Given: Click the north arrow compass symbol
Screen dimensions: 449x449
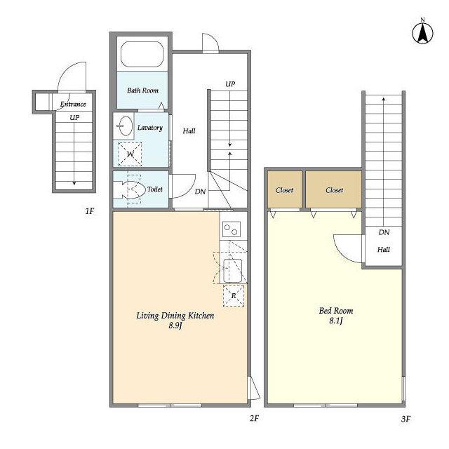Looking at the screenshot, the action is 422,32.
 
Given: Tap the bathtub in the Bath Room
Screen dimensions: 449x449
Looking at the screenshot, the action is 142,54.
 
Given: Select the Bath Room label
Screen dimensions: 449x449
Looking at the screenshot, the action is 142,91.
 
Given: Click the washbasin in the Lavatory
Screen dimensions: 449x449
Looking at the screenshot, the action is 125,126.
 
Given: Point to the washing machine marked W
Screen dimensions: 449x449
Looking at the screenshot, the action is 130,154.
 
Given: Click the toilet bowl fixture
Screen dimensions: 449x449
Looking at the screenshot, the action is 129,189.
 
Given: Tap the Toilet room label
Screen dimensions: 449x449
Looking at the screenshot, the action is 154,189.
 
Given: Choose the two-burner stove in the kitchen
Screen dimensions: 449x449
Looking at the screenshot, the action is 232,229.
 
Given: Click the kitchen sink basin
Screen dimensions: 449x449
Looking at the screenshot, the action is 232,271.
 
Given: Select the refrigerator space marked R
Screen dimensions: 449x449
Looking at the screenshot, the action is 234,295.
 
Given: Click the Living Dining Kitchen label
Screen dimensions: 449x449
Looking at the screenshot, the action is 175,316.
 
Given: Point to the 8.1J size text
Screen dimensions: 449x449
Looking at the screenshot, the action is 335,321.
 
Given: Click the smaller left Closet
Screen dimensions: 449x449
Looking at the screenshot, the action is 285,189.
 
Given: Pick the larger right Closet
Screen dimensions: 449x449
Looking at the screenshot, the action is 334,189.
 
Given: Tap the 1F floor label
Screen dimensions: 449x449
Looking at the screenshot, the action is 90,211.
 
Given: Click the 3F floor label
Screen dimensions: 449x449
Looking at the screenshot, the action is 406,420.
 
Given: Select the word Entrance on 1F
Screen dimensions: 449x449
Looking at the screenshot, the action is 73,104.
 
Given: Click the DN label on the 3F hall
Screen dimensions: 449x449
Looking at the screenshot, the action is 384,232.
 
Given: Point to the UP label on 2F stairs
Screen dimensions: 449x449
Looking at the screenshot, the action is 230,84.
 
